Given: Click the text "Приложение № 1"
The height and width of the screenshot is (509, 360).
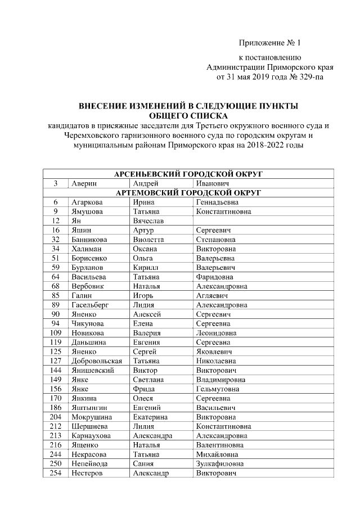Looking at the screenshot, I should click(270, 43).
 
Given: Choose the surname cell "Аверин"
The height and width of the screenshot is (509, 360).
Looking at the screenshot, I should click(84, 183).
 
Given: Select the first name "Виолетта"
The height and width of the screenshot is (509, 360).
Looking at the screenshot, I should click(148, 239).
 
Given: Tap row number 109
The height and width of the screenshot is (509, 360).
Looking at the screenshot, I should click(55, 332).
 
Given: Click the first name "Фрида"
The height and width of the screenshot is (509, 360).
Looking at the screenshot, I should click(143, 389).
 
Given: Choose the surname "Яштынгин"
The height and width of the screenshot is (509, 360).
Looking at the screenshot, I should click(89, 407).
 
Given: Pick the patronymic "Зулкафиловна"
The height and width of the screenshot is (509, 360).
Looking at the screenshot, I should click(219, 463).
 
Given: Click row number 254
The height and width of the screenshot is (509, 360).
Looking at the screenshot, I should click(55, 473).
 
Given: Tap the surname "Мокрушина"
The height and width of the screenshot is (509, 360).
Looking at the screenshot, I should click(91, 417).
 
